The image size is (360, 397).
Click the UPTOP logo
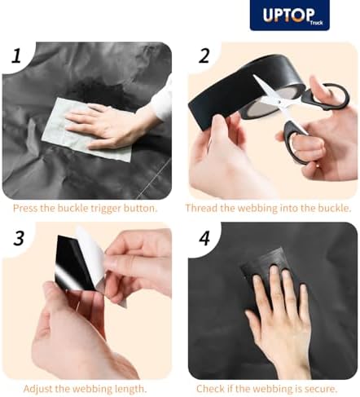tap(290, 15)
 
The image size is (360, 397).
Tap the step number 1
tap(17, 56)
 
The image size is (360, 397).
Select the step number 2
tap(204, 55)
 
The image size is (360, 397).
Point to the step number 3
tap(19, 238)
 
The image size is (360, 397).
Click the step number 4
tap(204, 238)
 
